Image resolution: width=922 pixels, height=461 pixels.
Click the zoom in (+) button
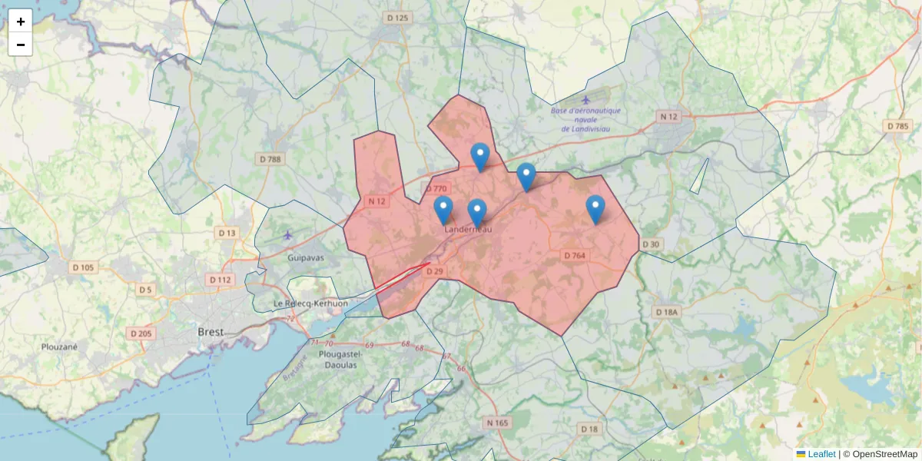click(x=20, y=21)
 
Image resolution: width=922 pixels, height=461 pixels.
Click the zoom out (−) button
click(x=20, y=45)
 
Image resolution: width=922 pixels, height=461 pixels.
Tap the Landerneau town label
click(x=467, y=229)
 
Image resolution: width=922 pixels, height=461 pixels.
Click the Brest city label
click(x=211, y=332)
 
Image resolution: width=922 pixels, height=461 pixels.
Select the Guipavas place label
click(x=307, y=259)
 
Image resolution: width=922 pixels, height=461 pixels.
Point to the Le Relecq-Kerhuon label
click(x=310, y=303)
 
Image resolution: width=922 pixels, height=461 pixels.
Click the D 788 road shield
click(x=270, y=159)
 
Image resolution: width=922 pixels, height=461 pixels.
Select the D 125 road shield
click(x=398, y=17)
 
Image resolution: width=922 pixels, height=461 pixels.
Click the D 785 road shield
click(x=897, y=125)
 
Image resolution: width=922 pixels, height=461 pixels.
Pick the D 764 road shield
click(x=575, y=255)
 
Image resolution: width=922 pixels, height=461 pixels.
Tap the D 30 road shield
click(x=650, y=244)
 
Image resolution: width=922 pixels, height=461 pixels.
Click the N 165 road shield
click(x=497, y=423)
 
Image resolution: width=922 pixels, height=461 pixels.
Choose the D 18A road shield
click(x=667, y=312)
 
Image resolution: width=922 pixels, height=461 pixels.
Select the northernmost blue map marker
click(x=480, y=157)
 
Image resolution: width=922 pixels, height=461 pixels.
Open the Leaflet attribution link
click(x=821, y=454)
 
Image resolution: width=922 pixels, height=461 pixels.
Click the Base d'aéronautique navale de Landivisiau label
click(x=585, y=119)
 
